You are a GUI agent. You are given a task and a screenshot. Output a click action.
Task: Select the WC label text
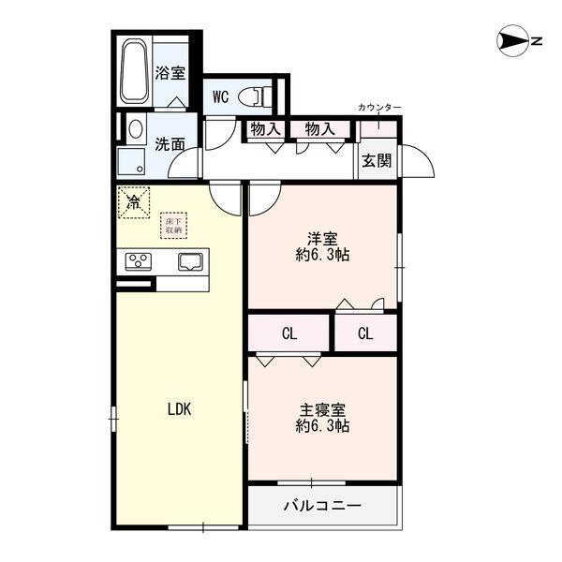(221, 96)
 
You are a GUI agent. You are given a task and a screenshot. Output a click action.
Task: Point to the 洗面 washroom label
(170, 144)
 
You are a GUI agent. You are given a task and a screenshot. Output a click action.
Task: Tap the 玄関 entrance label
(377, 160)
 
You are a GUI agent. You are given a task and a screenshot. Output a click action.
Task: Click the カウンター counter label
(379, 109)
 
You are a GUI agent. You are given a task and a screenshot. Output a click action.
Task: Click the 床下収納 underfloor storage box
(174, 225)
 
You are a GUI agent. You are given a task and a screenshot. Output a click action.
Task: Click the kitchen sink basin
(191, 261)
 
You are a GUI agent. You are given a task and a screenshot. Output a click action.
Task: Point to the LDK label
(179, 408)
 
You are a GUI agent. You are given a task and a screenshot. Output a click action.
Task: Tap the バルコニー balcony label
(322, 507)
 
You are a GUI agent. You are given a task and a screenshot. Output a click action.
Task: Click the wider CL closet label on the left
(288, 333)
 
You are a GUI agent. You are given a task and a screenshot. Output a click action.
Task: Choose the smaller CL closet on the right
(366, 333)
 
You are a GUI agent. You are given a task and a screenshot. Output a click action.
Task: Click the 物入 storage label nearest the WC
(264, 129)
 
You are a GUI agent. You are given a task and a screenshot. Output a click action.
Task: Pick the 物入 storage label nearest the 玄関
(319, 129)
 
